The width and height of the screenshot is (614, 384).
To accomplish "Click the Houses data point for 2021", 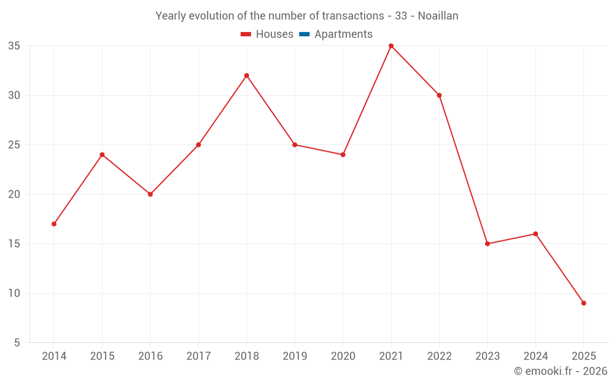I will coord(391,46).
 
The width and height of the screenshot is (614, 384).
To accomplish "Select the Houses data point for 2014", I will coord(54,224).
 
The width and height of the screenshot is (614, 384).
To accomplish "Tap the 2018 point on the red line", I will coord(247,76).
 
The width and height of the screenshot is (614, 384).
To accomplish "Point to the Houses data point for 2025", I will coord(583,303).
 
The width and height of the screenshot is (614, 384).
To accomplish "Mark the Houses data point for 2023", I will coord(488,244).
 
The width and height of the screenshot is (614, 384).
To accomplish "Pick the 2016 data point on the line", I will coord(150,194).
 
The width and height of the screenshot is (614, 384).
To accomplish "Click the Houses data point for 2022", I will coord(439,95).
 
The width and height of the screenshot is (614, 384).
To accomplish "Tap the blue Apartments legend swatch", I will coord(304,34).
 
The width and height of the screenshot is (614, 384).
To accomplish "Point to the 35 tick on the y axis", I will coord(14,46).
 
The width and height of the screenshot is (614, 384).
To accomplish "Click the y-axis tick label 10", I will coord(14,293).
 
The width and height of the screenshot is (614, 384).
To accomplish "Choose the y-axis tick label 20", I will coord(14,194).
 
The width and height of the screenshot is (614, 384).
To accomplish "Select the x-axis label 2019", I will coord(295,356).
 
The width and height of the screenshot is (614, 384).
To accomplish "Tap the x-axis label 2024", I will coord(535,356).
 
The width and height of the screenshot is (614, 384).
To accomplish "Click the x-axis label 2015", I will coord(102,356).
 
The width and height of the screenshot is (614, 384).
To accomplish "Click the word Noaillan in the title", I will coord(438,16).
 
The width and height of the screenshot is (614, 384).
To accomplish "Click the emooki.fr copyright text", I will coord(561,371).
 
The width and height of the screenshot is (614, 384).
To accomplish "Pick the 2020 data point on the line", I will coord(343,155).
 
